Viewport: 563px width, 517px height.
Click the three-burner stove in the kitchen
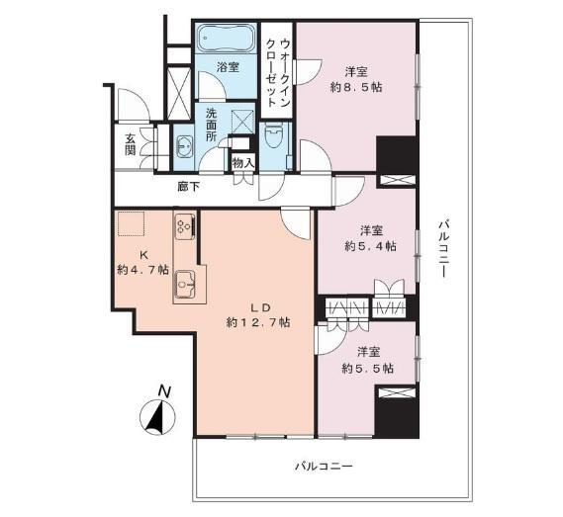[183, 227]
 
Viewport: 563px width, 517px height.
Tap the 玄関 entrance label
[131, 143]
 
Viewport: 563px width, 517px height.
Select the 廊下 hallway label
[188, 185]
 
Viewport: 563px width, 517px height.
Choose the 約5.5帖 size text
[368, 368]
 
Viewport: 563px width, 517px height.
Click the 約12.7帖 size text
[258, 322]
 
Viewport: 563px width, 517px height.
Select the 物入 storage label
[242, 162]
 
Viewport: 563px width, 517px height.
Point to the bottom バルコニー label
[323, 465]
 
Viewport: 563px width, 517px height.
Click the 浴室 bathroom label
[229, 67]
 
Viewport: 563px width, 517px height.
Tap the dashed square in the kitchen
[130, 225]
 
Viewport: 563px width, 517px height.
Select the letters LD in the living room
[256, 305]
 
